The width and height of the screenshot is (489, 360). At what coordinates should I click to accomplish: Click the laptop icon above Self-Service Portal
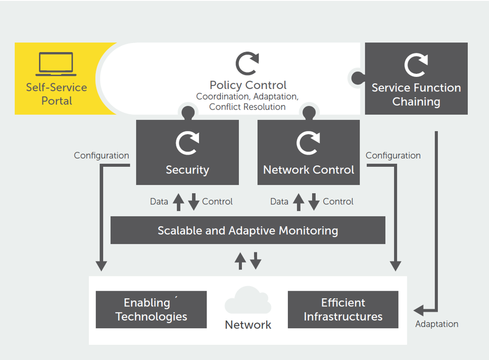tap(56, 64)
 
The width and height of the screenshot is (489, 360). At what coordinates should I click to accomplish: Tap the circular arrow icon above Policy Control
tap(248, 64)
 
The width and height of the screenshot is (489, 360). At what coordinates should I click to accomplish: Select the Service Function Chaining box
tap(416, 79)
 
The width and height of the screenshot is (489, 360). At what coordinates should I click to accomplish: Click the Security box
tap(187, 152)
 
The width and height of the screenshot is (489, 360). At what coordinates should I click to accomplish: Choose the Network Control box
tap(309, 152)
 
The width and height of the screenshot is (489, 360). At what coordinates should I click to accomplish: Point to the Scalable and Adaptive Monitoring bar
tap(248, 231)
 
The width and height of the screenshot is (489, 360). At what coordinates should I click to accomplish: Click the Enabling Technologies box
tap(151, 309)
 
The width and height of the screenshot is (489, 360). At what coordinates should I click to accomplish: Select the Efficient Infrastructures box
tap(343, 309)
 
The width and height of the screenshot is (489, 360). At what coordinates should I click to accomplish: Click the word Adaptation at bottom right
tap(436, 324)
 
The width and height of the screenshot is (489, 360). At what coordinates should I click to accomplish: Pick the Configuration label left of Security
tap(101, 155)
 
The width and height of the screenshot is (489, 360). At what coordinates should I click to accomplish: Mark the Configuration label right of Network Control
tap(393, 155)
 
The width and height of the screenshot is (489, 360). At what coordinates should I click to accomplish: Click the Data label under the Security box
tap(159, 201)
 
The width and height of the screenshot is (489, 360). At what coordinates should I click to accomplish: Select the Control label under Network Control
tap(338, 201)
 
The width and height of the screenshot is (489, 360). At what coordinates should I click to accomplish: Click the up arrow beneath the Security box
tap(178, 201)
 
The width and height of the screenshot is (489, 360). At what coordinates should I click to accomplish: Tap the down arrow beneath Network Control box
tap(314, 201)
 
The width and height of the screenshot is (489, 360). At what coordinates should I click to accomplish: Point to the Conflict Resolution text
tap(248, 107)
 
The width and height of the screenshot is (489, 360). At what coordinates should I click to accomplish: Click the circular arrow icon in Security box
tap(187, 143)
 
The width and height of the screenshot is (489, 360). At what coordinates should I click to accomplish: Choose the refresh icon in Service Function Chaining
tap(416, 65)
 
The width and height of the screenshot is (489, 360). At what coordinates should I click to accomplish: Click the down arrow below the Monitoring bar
tap(256, 261)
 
